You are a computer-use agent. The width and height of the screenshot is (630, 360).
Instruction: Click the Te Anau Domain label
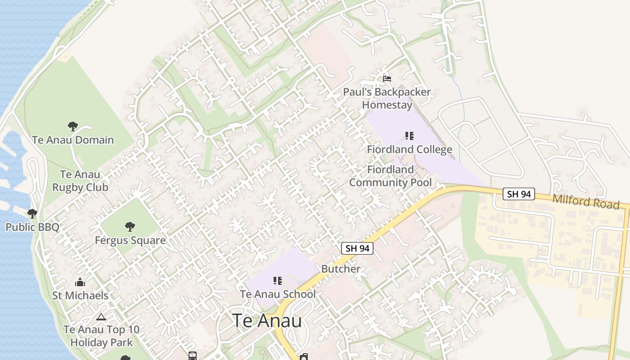73,140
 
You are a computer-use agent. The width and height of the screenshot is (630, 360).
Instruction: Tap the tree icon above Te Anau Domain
72,126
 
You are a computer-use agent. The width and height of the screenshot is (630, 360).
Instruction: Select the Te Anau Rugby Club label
80,181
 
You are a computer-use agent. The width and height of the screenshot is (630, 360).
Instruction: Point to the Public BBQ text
32,227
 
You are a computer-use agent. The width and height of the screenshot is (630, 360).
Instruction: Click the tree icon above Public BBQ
32,213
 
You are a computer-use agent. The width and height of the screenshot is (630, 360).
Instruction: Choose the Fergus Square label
130,240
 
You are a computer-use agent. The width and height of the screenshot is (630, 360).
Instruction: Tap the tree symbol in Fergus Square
130,226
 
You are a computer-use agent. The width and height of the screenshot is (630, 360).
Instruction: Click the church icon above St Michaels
80,282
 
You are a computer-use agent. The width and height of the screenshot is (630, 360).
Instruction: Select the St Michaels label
80,296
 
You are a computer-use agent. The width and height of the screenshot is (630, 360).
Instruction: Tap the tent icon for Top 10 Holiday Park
101,317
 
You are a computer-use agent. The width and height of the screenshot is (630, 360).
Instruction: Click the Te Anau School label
278,294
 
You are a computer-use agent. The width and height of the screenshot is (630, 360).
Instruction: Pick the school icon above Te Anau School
278,281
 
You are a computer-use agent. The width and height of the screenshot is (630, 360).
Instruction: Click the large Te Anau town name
267,321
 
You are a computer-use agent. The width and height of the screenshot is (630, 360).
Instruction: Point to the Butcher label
341,269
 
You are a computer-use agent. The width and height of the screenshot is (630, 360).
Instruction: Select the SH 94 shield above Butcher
357,248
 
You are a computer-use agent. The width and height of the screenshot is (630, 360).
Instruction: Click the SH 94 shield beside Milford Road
519,194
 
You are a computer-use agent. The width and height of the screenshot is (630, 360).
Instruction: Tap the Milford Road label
586,201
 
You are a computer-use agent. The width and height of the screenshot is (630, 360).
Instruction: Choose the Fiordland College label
409,149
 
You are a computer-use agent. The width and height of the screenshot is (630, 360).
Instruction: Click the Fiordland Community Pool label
391,176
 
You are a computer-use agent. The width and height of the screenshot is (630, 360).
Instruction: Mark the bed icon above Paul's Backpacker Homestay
387,79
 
